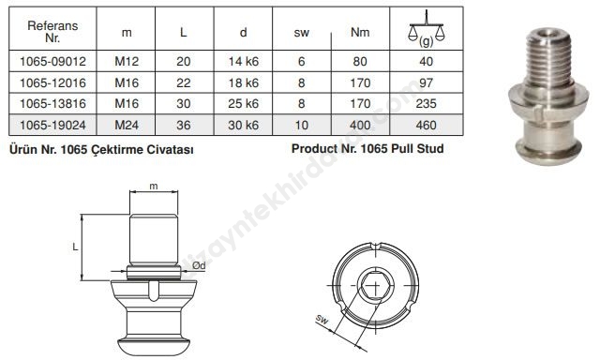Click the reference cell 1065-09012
pyautogui.click(x=52, y=61)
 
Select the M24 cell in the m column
pyautogui.click(x=127, y=125)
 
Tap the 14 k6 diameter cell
pyautogui.click(x=244, y=61)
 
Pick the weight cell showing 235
pyautogui.click(x=426, y=104)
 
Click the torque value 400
pyautogui.click(x=360, y=125)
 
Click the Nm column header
pyautogui.click(x=360, y=32)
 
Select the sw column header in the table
pyautogui.click(x=302, y=33)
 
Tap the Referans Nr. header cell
pyautogui.click(x=52, y=32)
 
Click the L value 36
pyautogui.click(x=184, y=125)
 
